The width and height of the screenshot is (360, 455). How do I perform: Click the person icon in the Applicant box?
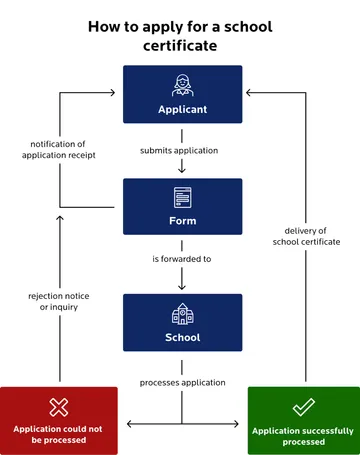coord(182,85)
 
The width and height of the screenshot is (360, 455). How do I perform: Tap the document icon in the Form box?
coord(182,196)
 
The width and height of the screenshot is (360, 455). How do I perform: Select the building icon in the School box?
coord(182,313)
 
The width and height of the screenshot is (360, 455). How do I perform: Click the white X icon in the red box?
coord(59,407)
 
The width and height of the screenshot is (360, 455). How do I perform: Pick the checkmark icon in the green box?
coord(303,407)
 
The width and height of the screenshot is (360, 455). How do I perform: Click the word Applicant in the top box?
coord(182,108)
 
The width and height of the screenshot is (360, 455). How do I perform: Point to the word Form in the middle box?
coord(182,221)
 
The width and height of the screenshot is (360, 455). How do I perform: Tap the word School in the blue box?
coord(182,337)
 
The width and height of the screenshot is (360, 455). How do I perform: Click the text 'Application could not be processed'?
coord(59,434)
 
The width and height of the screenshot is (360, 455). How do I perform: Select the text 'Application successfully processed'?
coord(303,434)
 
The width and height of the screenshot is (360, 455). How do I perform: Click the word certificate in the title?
coord(181,46)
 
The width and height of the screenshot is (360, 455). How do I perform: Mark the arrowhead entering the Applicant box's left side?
coord(118,93)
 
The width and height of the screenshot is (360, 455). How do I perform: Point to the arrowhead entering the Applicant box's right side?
coord(248,93)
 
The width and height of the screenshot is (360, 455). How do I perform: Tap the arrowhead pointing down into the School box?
coord(182,287)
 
